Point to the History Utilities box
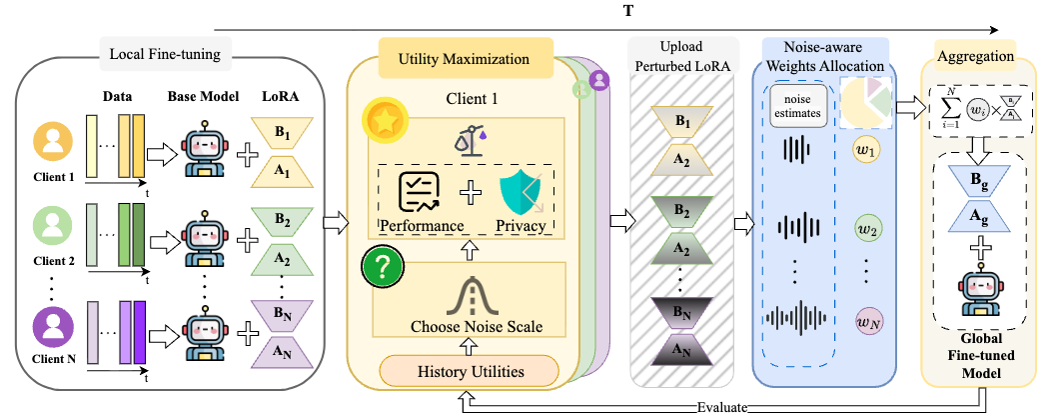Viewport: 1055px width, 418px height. (x=468, y=372)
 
